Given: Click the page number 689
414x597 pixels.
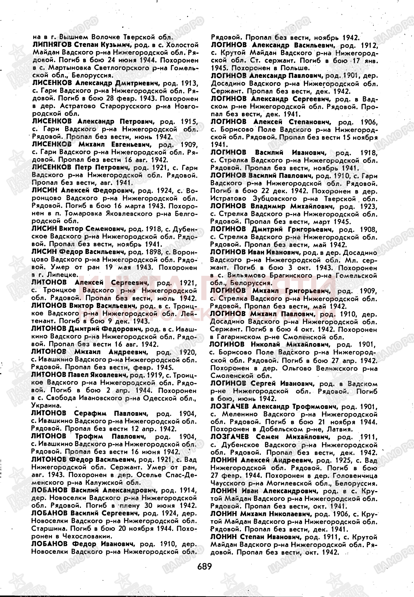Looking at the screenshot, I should click(204, 566).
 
